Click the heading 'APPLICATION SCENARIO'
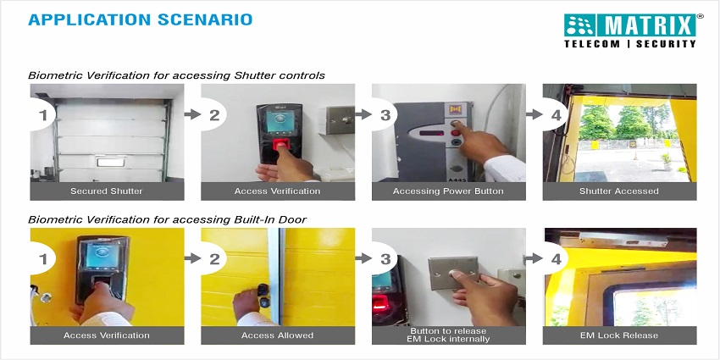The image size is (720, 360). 140,19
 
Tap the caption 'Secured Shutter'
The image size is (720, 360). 107,191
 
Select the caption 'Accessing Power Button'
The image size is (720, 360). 448,191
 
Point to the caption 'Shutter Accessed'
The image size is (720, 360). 619,191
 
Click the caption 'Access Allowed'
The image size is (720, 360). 277,335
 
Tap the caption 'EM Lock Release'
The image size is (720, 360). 619,335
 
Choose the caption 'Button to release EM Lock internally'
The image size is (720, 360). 448,335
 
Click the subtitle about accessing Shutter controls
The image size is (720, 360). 176,75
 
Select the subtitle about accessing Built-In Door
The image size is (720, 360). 167,219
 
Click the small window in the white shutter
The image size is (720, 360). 111,162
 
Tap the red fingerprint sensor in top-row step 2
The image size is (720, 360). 280,144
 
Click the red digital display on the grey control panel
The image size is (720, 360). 432,133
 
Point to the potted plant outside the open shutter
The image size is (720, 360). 665,161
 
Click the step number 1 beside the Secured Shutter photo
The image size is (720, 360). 43,115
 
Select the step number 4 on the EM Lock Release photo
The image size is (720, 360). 556,259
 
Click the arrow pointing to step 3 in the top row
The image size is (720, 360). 363,114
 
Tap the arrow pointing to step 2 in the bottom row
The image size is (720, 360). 192,258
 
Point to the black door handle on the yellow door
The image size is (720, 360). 263,296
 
